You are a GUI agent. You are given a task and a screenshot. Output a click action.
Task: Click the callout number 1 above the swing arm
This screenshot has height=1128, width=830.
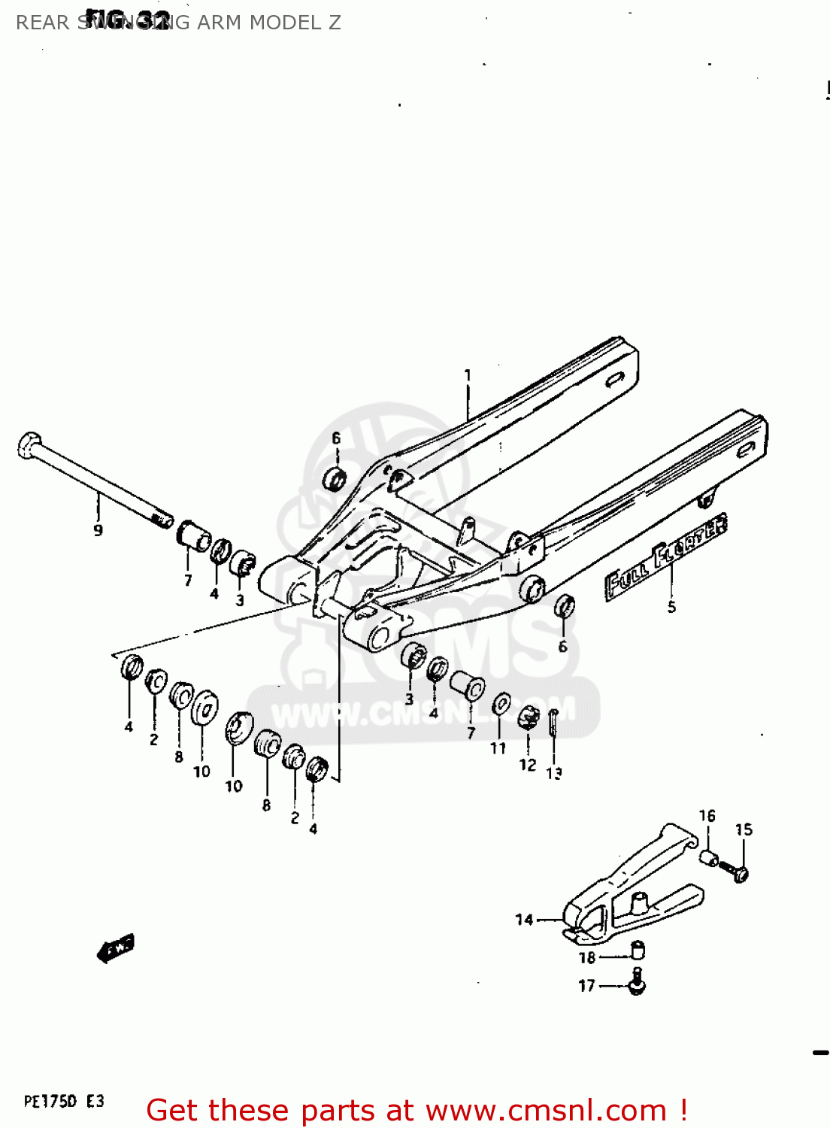(x=468, y=375)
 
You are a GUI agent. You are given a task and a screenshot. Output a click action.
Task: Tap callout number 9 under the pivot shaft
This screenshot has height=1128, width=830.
(x=98, y=530)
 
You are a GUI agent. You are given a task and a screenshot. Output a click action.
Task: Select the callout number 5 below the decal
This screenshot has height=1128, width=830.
(x=671, y=607)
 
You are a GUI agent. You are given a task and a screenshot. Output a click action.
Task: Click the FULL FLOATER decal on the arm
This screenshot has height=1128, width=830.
(x=666, y=556)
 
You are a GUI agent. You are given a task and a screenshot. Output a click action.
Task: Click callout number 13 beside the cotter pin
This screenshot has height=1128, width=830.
(x=554, y=772)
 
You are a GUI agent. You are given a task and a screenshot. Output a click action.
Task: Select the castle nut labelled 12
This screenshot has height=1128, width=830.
(x=529, y=718)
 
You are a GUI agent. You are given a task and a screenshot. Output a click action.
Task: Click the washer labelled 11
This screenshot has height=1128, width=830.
(x=501, y=705)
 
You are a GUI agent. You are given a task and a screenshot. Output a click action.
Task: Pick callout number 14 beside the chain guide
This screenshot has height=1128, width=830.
(x=524, y=919)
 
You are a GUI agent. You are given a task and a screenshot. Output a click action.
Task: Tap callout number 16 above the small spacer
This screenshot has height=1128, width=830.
(x=707, y=816)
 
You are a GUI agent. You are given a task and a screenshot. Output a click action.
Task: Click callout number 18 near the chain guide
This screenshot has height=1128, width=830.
(x=587, y=957)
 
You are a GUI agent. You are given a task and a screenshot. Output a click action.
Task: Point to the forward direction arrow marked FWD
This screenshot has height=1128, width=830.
(x=116, y=949)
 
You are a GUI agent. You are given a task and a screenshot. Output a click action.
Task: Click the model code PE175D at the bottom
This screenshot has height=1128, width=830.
(x=50, y=1102)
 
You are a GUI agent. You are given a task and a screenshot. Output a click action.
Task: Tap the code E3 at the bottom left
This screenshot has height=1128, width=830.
(x=95, y=1102)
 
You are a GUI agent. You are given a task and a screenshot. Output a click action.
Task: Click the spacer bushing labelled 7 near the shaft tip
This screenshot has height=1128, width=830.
(x=194, y=535)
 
